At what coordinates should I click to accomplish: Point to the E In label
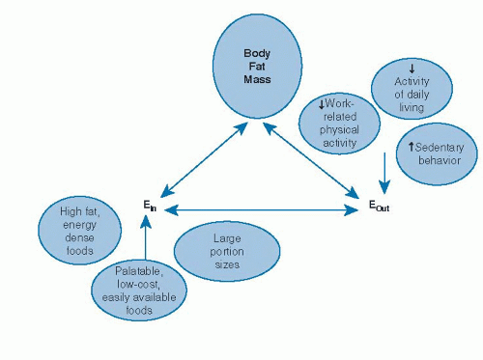[148, 206]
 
